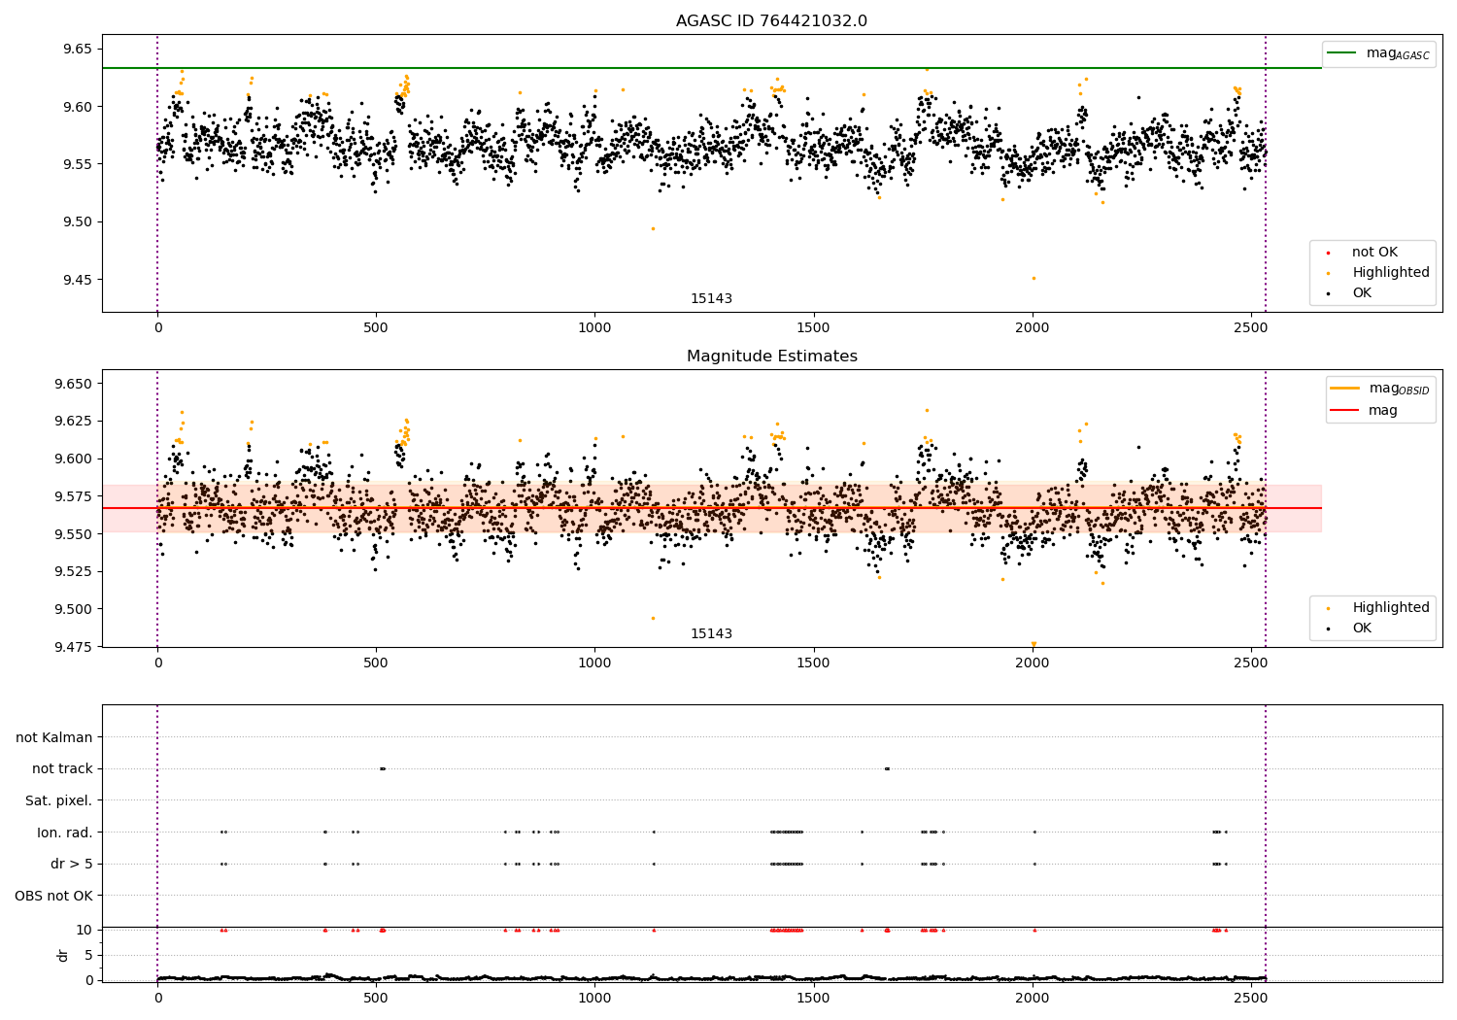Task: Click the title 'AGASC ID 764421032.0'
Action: tap(771, 21)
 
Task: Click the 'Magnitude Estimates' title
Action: tap(771, 357)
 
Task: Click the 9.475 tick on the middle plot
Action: tap(72, 647)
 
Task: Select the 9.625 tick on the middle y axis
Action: tap(72, 421)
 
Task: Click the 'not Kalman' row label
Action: tap(54, 737)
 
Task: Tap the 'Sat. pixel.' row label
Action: tap(58, 800)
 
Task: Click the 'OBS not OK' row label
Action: tap(53, 896)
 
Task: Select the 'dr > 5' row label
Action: tap(71, 864)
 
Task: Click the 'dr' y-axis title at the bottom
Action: tap(63, 955)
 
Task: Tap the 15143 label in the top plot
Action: tap(711, 298)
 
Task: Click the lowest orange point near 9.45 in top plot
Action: tap(1033, 278)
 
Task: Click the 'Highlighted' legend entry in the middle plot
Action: tap(1390, 608)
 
